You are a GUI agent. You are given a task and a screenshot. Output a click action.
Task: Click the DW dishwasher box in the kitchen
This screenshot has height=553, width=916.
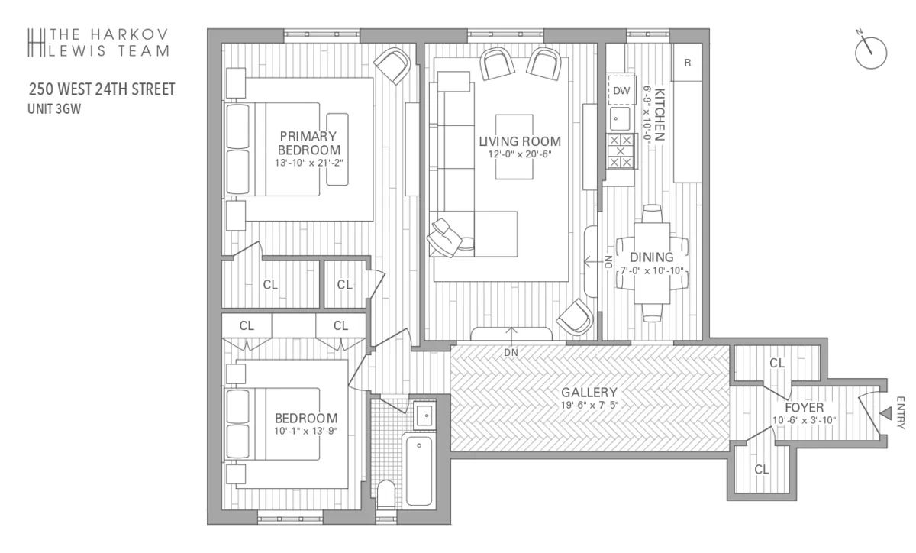(621, 91)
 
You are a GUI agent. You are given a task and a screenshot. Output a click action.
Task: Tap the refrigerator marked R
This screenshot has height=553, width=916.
(687, 63)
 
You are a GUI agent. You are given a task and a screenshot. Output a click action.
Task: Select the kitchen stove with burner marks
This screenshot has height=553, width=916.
(620, 151)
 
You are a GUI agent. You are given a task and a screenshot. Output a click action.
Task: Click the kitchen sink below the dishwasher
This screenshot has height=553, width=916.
(620, 119)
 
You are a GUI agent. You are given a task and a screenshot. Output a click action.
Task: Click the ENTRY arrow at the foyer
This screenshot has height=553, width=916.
(885, 412)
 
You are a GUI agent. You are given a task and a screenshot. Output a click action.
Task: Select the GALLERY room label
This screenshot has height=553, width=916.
(589, 393)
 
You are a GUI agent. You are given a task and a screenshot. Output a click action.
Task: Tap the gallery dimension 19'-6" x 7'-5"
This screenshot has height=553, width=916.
(589, 406)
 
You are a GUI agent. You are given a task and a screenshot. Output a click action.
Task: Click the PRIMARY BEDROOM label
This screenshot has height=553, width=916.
(308, 143)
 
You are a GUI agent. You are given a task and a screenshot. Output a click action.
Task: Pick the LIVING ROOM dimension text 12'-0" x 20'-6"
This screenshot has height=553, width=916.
(519, 154)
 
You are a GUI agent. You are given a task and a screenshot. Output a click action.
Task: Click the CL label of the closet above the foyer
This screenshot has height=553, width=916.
(777, 363)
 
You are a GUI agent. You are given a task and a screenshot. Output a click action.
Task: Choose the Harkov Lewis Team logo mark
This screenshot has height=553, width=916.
(34, 43)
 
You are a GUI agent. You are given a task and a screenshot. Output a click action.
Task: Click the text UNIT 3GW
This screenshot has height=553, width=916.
(54, 109)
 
